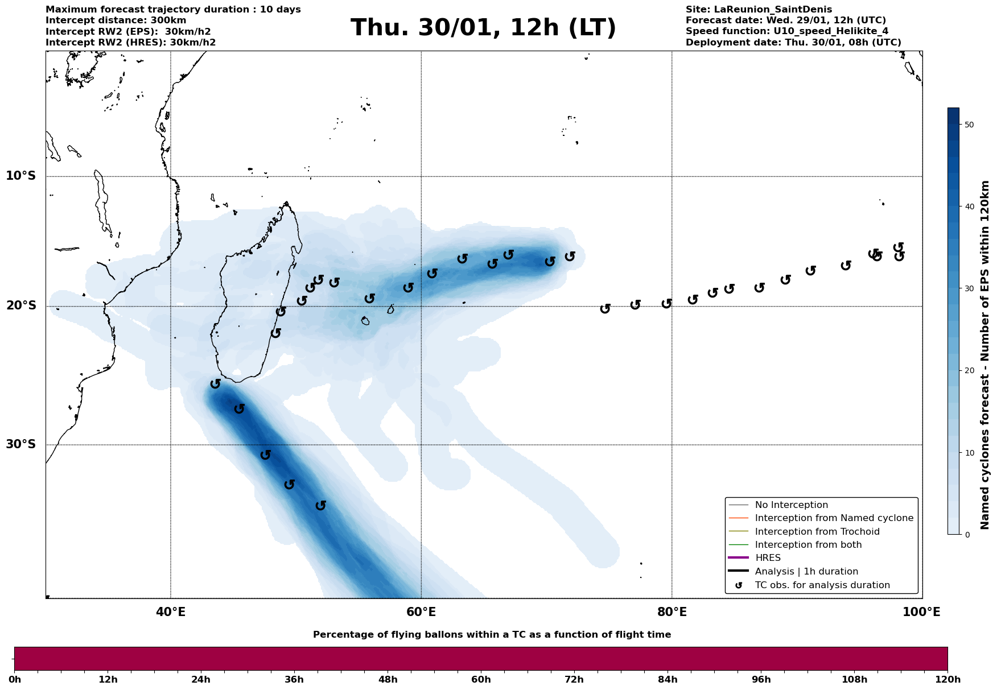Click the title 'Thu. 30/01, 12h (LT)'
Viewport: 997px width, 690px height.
(x=483, y=28)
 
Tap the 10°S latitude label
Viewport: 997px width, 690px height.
(x=21, y=176)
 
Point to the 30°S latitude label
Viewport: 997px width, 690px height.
(x=21, y=444)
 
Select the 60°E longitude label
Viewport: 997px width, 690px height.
(x=421, y=612)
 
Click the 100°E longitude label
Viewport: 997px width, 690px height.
(x=922, y=612)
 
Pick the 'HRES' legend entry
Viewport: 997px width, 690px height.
(x=768, y=558)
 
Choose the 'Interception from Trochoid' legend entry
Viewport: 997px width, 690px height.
(x=817, y=532)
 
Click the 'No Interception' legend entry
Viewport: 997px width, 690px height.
(x=791, y=505)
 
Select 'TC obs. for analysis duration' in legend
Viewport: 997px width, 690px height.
(x=822, y=585)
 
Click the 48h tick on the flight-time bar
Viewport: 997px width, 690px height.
(x=388, y=679)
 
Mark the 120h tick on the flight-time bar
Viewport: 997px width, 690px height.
(x=947, y=679)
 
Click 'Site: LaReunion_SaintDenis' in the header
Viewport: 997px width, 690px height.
(x=759, y=10)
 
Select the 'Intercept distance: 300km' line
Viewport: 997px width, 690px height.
(x=116, y=20)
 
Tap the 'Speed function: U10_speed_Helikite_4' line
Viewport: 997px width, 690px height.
(x=786, y=31)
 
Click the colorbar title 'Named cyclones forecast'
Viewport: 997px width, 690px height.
(x=986, y=355)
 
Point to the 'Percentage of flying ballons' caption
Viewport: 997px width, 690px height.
(x=492, y=635)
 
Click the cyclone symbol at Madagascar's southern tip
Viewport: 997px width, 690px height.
(x=215, y=384)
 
